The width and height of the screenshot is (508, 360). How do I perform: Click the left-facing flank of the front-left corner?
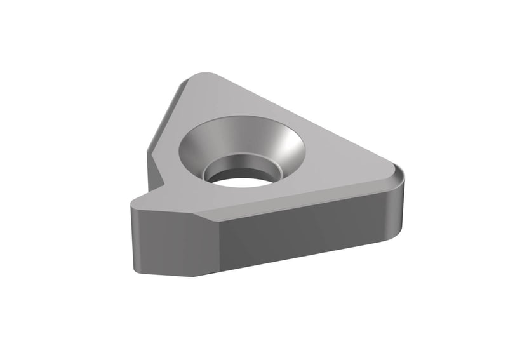point(171,241)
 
